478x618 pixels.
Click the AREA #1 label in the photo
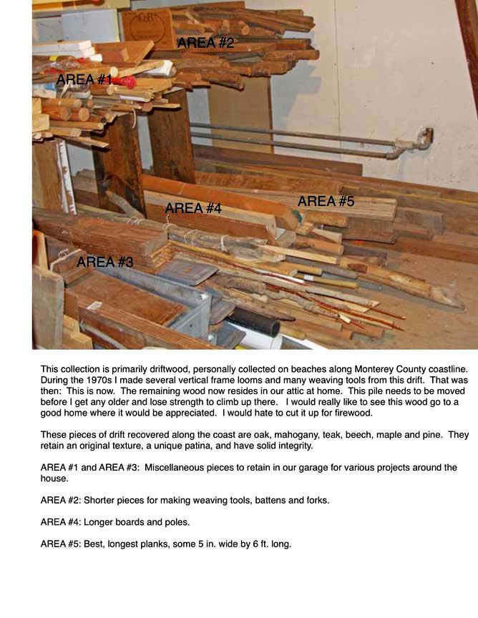[84, 79]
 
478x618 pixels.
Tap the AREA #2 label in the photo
[205, 43]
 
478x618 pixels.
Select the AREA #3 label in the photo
[104, 262]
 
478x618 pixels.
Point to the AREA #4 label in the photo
[193, 208]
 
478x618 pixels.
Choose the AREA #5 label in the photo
[326, 202]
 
